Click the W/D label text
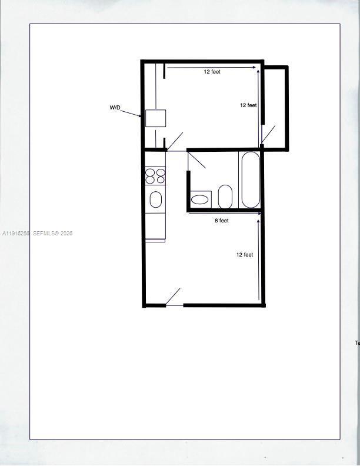[115, 108]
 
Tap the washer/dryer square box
[155, 118]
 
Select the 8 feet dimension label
[221, 221]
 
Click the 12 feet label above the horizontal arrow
[212, 72]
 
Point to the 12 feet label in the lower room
[245, 255]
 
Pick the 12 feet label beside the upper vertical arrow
[248, 105]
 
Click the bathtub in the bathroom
[250, 179]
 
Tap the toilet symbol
[225, 197]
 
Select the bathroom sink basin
[201, 199]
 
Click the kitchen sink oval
[155, 199]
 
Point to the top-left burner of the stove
[150, 172]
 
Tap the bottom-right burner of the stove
[161, 179]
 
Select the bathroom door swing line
[196, 159]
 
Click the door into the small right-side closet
[268, 135]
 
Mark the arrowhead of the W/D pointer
[140, 115]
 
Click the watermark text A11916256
[15, 234]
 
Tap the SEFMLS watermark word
[44, 234]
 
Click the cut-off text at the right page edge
[357, 342]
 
